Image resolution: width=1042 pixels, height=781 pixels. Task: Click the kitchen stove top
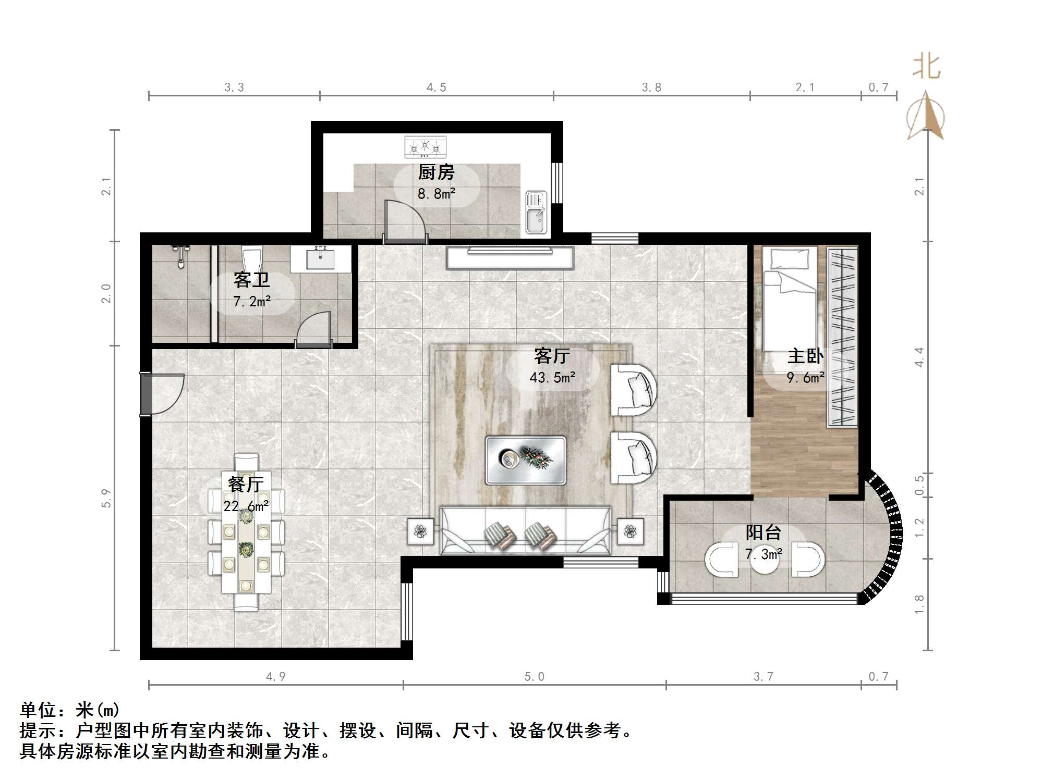point(426,147)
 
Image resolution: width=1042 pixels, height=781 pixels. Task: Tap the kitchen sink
point(536,212)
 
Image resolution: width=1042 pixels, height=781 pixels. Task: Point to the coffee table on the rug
point(525,460)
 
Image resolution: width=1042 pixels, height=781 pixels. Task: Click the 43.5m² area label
point(552,377)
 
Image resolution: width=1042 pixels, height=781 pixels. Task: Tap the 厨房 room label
point(436,172)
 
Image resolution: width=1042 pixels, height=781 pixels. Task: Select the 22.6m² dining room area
point(246,505)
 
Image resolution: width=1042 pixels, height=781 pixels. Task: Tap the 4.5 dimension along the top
point(436,88)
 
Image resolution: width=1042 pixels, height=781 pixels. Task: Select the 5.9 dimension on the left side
point(106,498)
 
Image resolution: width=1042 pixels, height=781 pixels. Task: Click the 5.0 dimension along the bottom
point(534,677)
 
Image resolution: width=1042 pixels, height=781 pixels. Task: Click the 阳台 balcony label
point(763,532)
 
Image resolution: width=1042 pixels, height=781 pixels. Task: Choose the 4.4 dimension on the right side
point(919,357)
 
